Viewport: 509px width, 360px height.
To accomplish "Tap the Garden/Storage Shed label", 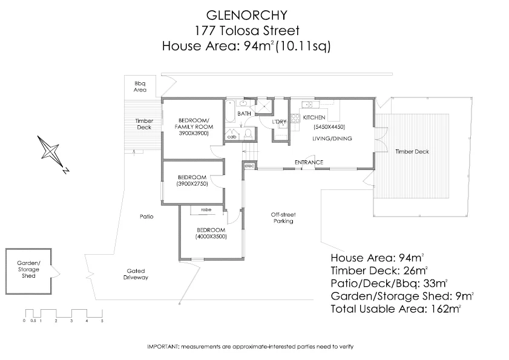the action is (x=28, y=269).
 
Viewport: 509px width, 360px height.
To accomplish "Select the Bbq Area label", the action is (x=140, y=87).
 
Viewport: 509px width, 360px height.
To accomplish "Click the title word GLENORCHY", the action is (x=247, y=15).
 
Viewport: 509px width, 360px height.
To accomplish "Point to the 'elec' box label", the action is (x=249, y=166).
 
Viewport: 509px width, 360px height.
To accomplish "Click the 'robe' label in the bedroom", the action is (x=206, y=210).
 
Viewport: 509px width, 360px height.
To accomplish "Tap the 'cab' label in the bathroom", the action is (x=232, y=137).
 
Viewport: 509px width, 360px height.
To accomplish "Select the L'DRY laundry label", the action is (x=279, y=122).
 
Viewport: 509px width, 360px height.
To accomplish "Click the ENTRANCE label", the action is (x=309, y=162).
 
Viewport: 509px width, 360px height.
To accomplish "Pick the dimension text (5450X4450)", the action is (x=329, y=127).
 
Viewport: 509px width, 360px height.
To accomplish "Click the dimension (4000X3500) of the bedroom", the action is (x=211, y=237).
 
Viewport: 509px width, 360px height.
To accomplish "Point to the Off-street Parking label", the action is (x=283, y=218).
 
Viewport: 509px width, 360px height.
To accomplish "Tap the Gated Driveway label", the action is (x=136, y=274).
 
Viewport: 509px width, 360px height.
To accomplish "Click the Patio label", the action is (x=146, y=217).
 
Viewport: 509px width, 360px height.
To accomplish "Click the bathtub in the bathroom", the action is (x=230, y=111).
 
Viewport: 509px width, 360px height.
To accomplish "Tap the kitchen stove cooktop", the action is (x=295, y=118).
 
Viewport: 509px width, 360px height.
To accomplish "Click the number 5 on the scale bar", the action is (x=102, y=321).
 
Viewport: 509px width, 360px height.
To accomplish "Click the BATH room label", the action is (x=244, y=114).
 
